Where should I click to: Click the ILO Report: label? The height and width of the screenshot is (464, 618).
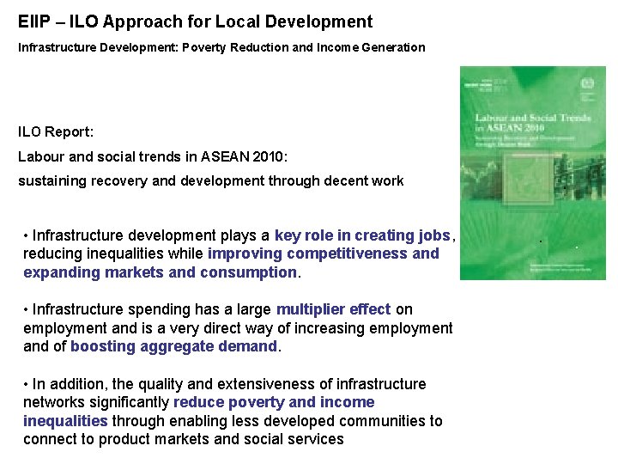coord(57,132)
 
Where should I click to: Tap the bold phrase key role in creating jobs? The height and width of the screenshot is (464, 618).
coord(362,235)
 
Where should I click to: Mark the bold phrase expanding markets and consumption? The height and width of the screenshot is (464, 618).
coord(160,272)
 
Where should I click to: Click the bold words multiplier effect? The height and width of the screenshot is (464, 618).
coord(333,309)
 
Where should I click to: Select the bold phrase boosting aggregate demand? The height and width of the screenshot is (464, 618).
coord(175,346)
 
